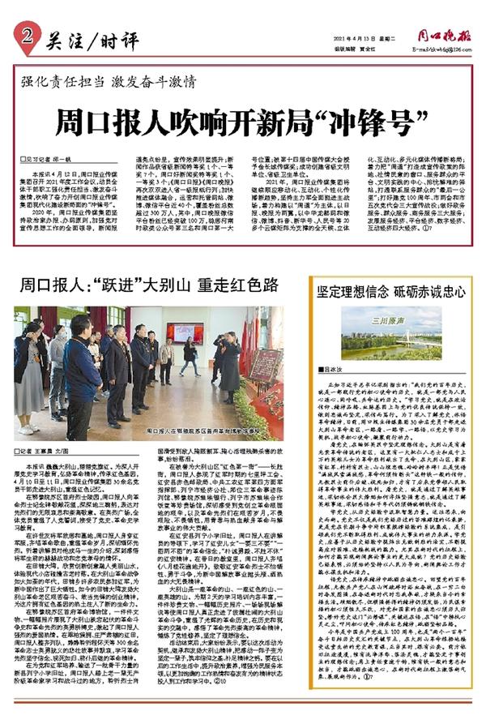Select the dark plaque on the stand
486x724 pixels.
coord(261,365)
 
